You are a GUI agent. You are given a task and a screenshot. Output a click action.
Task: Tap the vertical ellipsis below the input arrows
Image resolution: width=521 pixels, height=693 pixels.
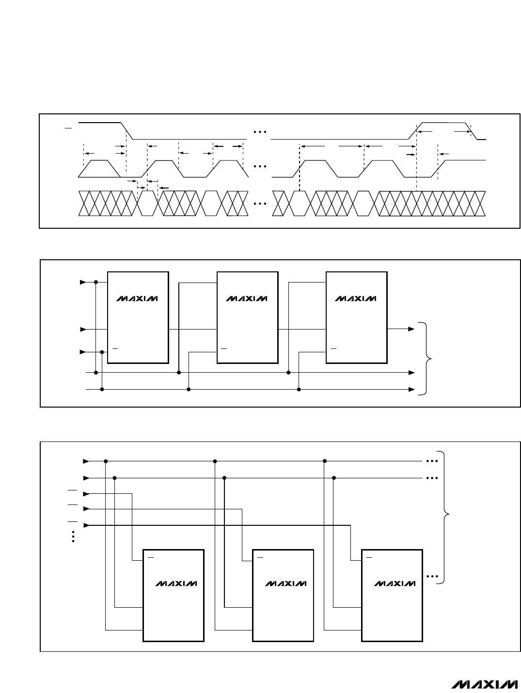pos(73,536)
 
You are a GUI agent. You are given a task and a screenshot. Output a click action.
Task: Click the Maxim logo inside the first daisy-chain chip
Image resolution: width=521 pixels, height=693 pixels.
pos(137,299)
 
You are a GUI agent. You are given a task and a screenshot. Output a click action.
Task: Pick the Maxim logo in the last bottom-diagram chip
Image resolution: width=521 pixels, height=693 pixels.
pos(395,583)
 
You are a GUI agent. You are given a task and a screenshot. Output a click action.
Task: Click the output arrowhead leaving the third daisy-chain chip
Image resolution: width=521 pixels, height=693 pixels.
pos(411,329)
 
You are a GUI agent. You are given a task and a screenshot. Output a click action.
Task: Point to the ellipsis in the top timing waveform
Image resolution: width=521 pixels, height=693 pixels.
pos(260,132)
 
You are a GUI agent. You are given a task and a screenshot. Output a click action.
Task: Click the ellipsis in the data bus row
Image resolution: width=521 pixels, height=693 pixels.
pos(260,204)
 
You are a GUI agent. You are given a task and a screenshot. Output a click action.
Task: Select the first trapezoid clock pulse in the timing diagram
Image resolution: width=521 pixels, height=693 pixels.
pos(99,169)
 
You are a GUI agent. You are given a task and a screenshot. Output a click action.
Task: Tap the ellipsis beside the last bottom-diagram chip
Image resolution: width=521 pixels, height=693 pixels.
pos(432,576)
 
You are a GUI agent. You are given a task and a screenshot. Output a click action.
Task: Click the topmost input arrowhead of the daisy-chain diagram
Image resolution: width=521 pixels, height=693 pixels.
pos(83,282)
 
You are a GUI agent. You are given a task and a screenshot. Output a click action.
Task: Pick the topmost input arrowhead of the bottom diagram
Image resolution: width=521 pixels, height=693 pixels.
pos(86,461)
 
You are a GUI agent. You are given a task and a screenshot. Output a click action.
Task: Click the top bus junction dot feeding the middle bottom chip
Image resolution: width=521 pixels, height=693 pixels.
pos(215,461)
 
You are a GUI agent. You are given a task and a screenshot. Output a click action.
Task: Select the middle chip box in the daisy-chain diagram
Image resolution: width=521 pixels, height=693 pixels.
pos(248,317)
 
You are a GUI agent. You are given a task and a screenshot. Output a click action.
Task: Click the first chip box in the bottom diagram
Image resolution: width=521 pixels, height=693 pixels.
pos(174,596)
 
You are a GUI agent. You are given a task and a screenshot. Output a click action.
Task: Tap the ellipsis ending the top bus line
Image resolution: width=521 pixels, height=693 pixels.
pos(432,461)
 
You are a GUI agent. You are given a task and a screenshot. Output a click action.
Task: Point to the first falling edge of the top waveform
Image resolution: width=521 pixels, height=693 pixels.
pos(126,131)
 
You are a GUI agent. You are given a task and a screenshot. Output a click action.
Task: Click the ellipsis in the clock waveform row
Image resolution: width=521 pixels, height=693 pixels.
pos(260,166)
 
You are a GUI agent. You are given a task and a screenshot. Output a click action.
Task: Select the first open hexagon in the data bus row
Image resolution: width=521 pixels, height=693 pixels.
pos(147,204)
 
